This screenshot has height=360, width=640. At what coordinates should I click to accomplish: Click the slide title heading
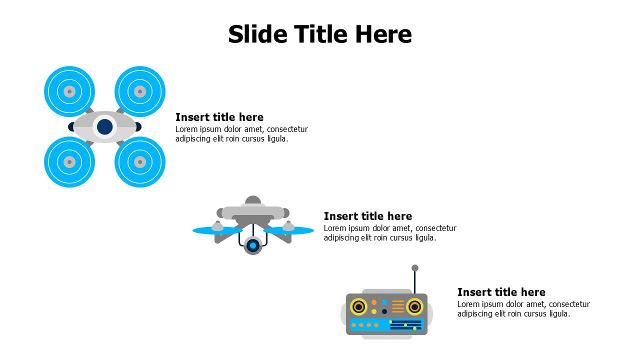pyautogui.click(x=319, y=34)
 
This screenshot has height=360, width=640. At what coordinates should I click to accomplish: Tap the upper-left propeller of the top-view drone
pyautogui.click(x=69, y=91)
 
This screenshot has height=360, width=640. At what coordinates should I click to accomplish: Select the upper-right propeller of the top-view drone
pyautogui.click(x=140, y=91)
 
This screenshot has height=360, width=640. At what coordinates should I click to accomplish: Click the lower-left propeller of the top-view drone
pyautogui.click(x=69, y=162)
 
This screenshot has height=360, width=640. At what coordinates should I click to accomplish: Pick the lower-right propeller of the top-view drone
pyautogui.click(x=140, y=162)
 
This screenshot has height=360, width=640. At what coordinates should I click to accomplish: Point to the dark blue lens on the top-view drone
pyautogui.click(x=104, y=127)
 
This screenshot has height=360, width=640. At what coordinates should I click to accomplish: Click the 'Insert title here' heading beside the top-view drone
pyautogui.click(x=219, y=117)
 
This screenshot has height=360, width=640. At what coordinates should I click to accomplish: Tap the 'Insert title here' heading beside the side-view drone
pyautogui.click(x=368, y=216)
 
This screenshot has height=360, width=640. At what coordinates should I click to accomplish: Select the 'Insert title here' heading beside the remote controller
pyautogui.click(x=501, y=292)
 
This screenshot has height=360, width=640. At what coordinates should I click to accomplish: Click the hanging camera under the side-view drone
pyautogui.click(x=253, y=245)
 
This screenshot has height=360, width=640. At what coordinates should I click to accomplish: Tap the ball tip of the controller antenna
pyautogui.click(x=415, y=268)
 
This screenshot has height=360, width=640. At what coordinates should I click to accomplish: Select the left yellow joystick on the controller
pyautogui.click(x=358, y=306)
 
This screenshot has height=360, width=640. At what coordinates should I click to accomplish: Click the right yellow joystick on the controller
pyautogui.click(x=414, y=306)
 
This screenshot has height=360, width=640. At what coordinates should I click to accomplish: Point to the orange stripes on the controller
pyautogui.click(x=398, y=306)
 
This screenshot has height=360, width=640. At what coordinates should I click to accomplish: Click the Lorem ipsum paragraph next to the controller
pyautogui.click(x=523, y=309)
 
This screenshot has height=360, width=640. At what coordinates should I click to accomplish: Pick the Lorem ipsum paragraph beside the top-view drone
pyautogui.click(x=241, y=134)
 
